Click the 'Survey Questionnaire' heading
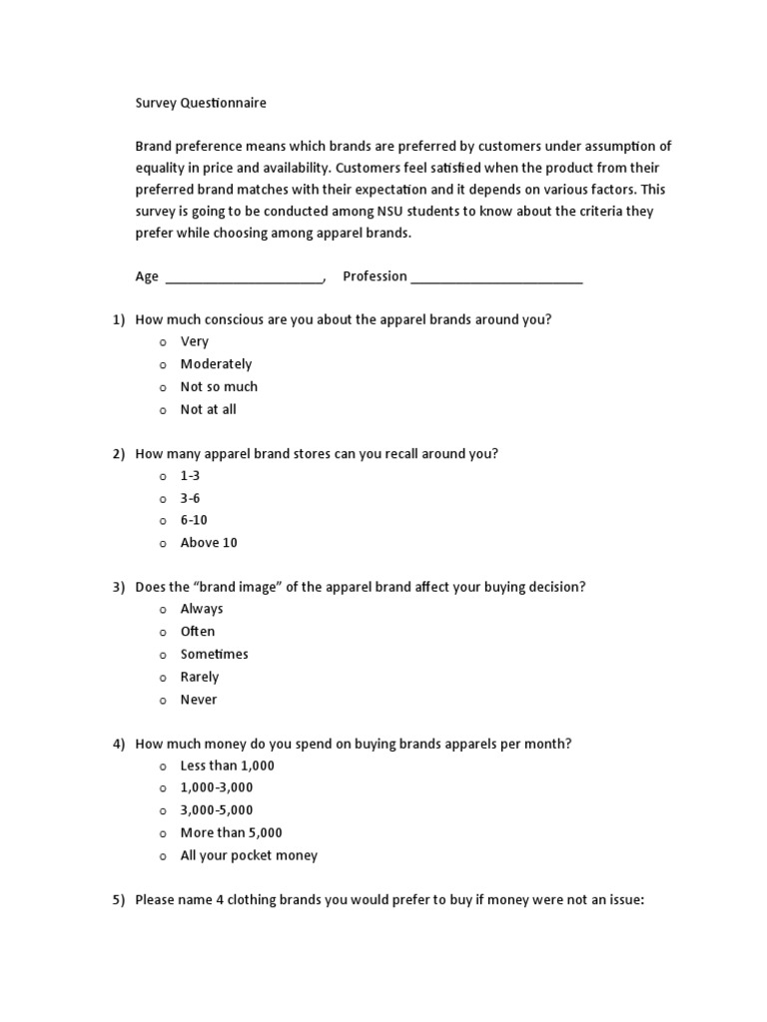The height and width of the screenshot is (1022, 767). coord(201,102)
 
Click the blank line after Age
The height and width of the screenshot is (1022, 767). coord(244,277)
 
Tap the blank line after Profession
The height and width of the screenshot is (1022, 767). coord(496,277)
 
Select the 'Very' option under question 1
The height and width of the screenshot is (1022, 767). coord(194,341)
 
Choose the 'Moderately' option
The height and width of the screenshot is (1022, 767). coord(216,364)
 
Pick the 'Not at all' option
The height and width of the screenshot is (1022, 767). coord(208,409)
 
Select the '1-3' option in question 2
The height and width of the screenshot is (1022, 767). coord(190,476)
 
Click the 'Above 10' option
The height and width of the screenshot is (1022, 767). coord(209,543)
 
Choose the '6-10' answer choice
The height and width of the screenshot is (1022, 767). coord(194,520)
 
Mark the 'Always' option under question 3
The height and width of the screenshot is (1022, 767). coord(202,609)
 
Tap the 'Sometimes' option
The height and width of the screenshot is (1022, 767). coord(214,654)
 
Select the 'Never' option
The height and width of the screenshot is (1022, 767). coord(198,700)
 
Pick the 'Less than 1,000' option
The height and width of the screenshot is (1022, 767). coord(227,766)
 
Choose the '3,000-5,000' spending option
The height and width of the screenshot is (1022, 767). coord(217,810)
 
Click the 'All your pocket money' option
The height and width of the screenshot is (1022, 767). coord(249,855)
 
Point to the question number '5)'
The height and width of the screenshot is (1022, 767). coord(118,900)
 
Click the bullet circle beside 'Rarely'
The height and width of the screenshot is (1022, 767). coord(162,678)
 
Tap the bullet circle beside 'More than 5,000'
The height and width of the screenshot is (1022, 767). coord(162,833)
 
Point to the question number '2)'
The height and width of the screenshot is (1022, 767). coord(118,454)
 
